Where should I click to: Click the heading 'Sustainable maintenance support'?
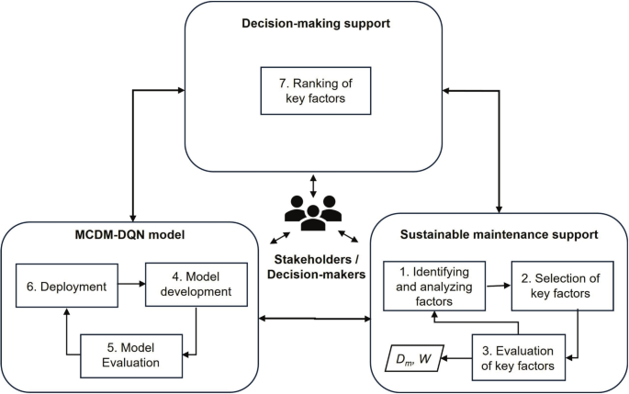click(501, 236)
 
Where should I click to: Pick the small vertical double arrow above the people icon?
click(314, 186)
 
